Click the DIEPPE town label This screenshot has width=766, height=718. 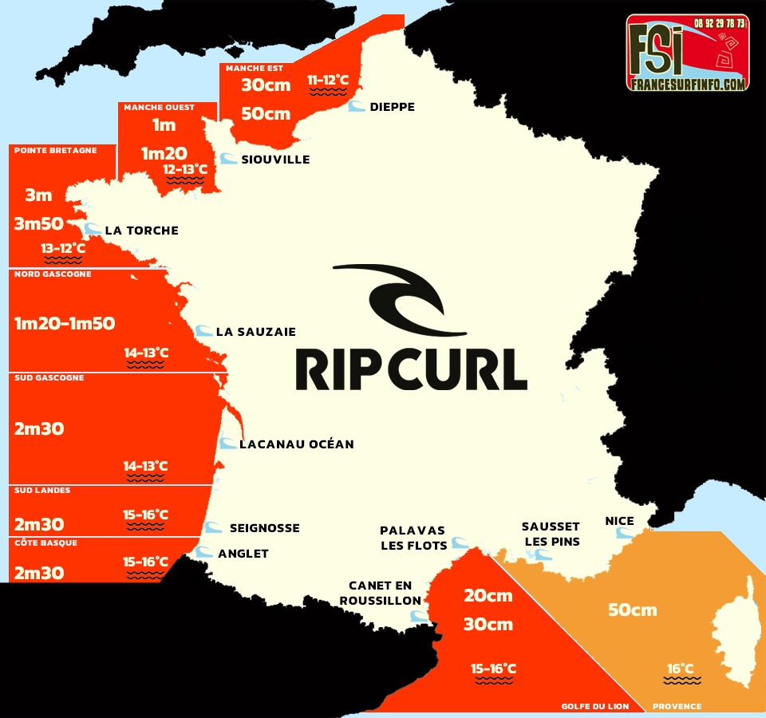(392, 107)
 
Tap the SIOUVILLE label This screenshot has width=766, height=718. (274, 160)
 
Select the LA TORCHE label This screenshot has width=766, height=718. (141, 231)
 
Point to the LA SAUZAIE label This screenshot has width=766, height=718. (255, 332)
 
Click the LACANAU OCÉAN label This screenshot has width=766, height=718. (296, 444)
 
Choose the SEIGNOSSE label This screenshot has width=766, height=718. (264, 528)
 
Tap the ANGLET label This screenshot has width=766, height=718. (243, 554)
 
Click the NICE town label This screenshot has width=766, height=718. (619, 521)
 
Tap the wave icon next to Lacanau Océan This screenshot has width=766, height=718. (228, 444)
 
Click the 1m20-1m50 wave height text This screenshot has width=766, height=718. (65, 323)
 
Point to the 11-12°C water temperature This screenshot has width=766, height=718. (328, 80)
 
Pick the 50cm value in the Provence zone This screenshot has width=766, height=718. (633, 610)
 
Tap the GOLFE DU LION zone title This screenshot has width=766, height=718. (595, 706)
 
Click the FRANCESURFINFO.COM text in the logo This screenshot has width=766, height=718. (686, 83)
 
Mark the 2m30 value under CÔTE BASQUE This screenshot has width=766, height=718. (39, 572)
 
